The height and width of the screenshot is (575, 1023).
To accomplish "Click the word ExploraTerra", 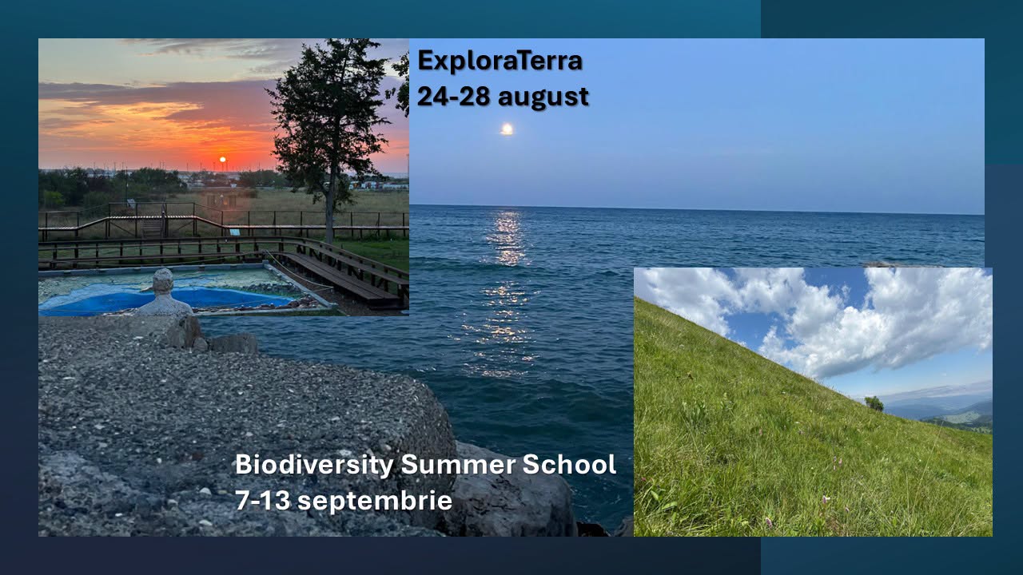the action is (500, 61).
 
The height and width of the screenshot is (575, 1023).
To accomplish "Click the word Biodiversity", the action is (314, 465).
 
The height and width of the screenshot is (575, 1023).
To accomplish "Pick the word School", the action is (569, 464).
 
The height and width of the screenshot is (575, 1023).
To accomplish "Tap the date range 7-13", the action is (263, 500).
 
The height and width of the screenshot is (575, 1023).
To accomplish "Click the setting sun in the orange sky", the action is (222, 159).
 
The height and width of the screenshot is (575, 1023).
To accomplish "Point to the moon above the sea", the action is (507, 129).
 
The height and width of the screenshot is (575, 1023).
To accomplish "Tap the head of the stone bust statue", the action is (162, 281).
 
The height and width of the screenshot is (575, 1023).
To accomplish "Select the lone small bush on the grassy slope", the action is (874, 403).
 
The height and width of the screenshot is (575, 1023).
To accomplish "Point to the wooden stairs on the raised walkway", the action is (152, 228).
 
